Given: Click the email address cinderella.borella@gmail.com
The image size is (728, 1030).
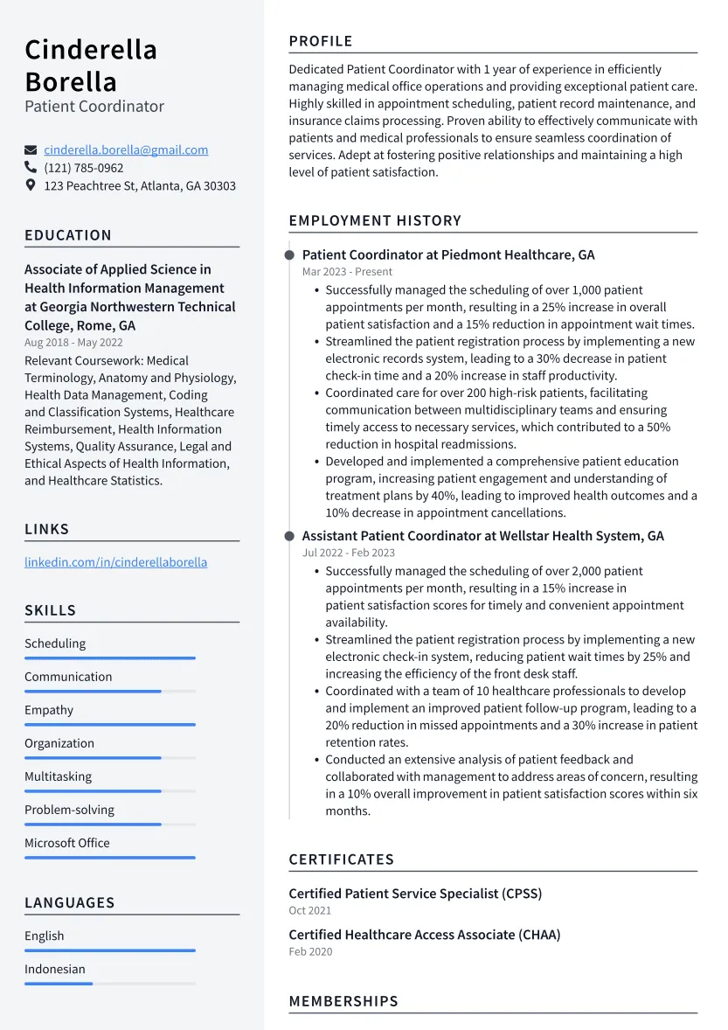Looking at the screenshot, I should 126,150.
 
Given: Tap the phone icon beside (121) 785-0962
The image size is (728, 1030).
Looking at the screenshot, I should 31,168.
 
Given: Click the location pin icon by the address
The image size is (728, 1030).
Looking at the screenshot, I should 31,185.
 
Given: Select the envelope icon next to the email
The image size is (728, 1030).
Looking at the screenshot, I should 31,150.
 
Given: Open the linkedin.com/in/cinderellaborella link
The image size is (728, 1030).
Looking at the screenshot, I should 115,562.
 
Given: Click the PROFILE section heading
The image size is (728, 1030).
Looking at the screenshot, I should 321,41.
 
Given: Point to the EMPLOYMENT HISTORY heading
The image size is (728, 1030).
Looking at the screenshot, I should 375,221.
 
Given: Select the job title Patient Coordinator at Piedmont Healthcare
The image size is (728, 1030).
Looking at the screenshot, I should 447,255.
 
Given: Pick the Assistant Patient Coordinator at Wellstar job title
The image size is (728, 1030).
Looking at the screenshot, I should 482,536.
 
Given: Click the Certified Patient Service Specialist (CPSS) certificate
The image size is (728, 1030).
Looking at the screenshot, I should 415,894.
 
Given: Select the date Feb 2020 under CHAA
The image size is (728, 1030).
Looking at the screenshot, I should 310,951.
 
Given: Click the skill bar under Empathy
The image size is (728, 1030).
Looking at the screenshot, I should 109,725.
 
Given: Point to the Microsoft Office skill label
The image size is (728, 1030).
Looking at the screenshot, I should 67,843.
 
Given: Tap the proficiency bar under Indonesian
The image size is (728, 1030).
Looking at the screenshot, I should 109,984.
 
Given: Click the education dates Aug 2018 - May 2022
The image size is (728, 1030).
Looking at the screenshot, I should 73,343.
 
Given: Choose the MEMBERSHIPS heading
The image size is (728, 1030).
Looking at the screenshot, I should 343,1001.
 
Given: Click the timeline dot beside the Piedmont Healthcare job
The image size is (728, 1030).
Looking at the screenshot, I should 289,255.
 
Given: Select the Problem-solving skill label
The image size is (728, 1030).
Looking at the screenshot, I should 69,810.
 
